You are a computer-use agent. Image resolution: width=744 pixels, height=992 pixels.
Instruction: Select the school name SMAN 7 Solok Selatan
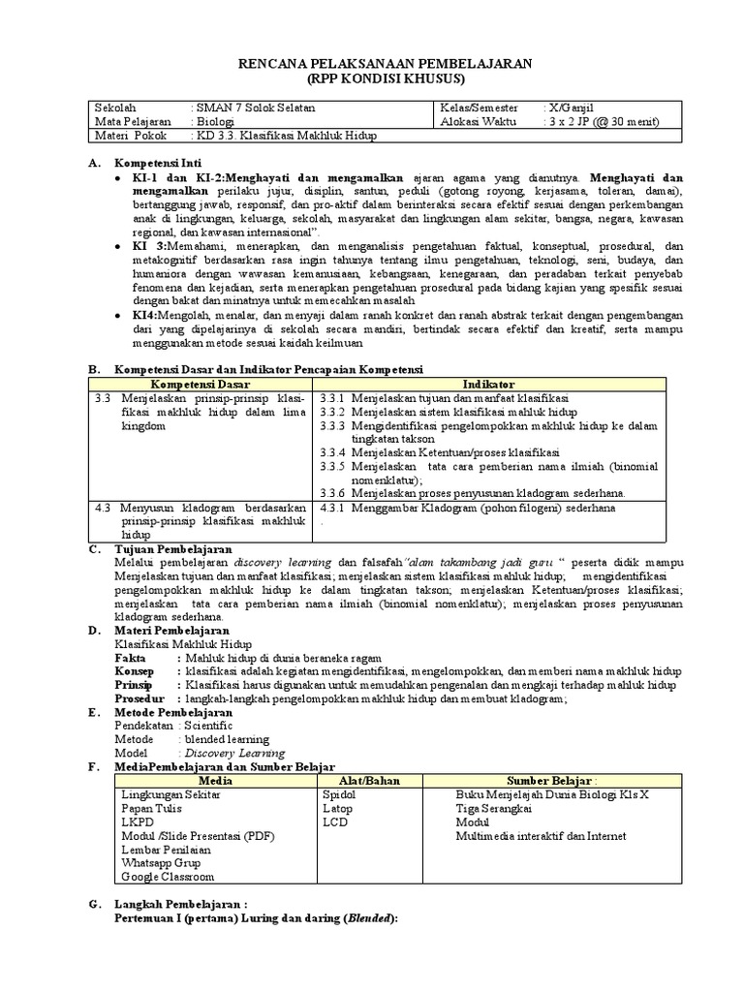click(255, 108)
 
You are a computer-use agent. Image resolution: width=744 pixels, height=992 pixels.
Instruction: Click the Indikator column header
click(489, 385)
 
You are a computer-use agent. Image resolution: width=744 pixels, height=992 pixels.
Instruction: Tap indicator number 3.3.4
click(332, 452)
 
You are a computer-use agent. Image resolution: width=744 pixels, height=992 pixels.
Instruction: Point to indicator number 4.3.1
click(332, 507)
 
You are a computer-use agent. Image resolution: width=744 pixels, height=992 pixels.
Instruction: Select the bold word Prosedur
click(139, 698)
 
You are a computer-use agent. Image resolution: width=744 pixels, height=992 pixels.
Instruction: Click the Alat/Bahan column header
click(369, 780)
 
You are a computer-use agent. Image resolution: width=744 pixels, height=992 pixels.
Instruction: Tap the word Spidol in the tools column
click(339, 794)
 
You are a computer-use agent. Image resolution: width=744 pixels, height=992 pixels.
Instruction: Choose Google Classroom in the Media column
click(167, 877)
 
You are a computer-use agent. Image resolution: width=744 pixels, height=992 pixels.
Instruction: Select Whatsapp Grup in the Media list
click(161, 862)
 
